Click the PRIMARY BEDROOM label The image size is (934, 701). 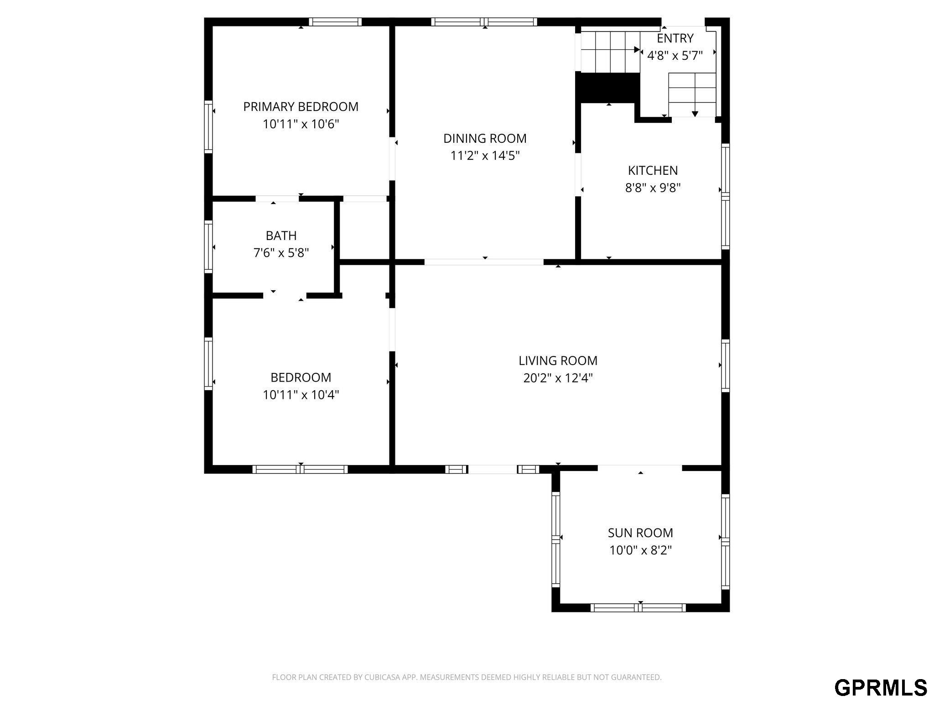pyautogui.click(x=301, y=107)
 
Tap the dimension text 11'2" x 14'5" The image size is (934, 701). pyautogui.click(x=485, y=156)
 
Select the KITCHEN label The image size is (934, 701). pyautogui.click(x=653, y=171)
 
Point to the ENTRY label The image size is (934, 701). pyautogui.click(x=675, y=38)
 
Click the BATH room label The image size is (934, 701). pyautogui.click(x=281, y=236)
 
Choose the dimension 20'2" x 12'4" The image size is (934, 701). pyautogui.click(x=558, y=378)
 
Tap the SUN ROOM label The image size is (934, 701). pyautogui.click(x=640, y=533)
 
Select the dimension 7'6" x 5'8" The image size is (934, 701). pyautogui.click(x=281, y=253)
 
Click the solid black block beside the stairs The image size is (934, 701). pyautogui.click(x=607, y=88)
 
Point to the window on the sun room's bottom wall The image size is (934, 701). pyautogui.click(x=638, y=607)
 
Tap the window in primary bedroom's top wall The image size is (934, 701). pyautogui.click(x=335, y=22)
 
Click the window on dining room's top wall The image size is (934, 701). pyautogui.click(x=484, y=22)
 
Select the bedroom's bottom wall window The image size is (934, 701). pyautogui.click(x=300, y=469)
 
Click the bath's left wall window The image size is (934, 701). pyautogui.click(x=208, y=247)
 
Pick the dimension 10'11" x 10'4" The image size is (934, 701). pyautogui.click(x=301, y=395)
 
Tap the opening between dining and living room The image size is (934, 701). pyautogui.click(x=484, y=262)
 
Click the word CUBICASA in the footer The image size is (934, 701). pyautogui.click(x=383, y=677)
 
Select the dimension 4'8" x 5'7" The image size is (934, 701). pyautogui.click(x=675, y=56)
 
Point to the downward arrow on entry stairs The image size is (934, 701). pyautogui.click(x=695, y=113)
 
